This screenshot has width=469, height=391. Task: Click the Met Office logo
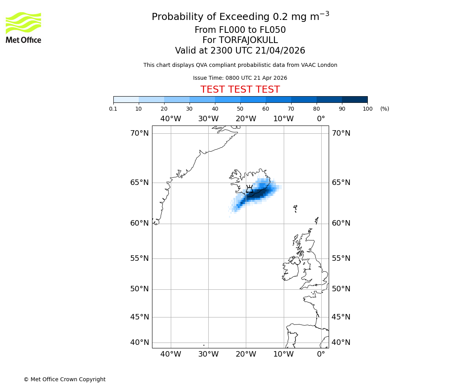[x=23, y=27]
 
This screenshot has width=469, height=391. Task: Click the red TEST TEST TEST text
[x=240, y=90]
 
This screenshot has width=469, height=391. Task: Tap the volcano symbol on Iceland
[x=249, y=189]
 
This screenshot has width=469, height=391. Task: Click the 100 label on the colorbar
[x=367, y=109]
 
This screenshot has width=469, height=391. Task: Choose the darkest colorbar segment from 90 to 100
[x=354, y=99]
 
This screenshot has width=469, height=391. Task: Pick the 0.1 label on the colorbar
[x=113, y=109]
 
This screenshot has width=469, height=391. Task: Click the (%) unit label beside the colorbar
[x=385, y=109]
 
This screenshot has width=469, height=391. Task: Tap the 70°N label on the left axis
[x=140, y=133]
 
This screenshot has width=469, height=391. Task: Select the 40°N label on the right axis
[x=341, y=343]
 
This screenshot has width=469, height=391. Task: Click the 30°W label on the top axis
[x=208, y=119]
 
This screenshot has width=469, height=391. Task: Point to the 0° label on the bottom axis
[x=321, y=354]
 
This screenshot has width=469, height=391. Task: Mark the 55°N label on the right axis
[x=341, y=258]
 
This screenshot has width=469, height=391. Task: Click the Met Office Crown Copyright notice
[x=64, y=379]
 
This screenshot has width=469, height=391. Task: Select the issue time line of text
[x=240, y=78]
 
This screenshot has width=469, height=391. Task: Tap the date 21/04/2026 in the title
[x=280, y=51]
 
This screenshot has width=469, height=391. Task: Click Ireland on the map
[x=290, y=269]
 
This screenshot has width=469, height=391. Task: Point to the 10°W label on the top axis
[x=283, y=119]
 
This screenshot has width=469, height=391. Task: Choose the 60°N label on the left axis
[x=140, y=223]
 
